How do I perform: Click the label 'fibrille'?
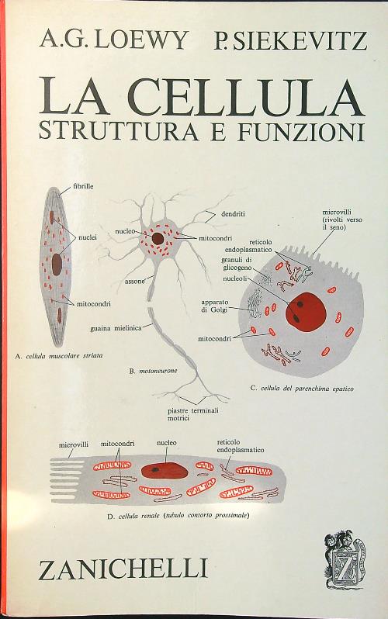pos(83,187)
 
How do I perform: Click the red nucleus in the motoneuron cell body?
pos(158,237)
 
